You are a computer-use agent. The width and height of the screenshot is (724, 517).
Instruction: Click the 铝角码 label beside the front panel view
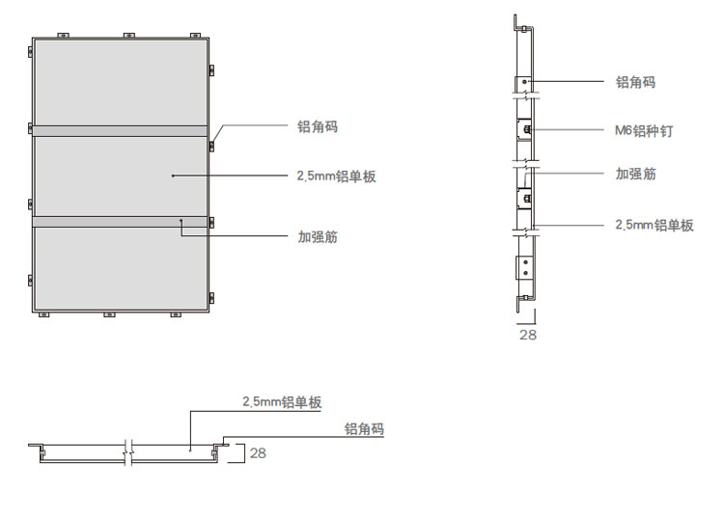tap(318, 127)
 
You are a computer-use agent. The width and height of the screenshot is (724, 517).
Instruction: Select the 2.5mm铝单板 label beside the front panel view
tap(336, 177)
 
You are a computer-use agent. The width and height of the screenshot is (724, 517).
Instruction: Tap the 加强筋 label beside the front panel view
tap(318, 236)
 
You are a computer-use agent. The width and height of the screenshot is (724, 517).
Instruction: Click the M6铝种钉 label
tap(644, 130)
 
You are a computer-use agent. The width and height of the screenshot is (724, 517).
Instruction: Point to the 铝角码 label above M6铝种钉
tap(635, 82)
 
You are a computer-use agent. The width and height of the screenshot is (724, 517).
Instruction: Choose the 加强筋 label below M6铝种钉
tap(635, 175)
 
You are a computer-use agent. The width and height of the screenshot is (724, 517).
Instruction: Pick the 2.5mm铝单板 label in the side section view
tap(654, 225)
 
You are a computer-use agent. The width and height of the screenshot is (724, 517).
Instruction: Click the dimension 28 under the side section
tap(528, 335)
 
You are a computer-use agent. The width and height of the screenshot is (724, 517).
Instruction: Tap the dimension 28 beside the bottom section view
tap(258, 452)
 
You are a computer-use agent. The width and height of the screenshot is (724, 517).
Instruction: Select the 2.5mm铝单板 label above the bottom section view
tap(281, 402)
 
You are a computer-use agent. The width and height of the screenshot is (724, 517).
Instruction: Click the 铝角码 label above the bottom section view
tap(364, 429)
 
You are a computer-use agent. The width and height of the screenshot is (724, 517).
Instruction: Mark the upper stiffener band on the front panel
tap(121, 130)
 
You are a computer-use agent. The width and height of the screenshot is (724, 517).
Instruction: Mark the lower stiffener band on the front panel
tap(121, 221)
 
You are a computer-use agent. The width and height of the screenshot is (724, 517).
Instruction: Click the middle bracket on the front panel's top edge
tap(128, 37)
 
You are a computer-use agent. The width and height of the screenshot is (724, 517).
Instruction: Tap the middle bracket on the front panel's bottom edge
tap(109, 314)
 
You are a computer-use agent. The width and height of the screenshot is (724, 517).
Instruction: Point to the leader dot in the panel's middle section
tap(173, 176)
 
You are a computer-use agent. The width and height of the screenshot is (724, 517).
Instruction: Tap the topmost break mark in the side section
tap(525, 95)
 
